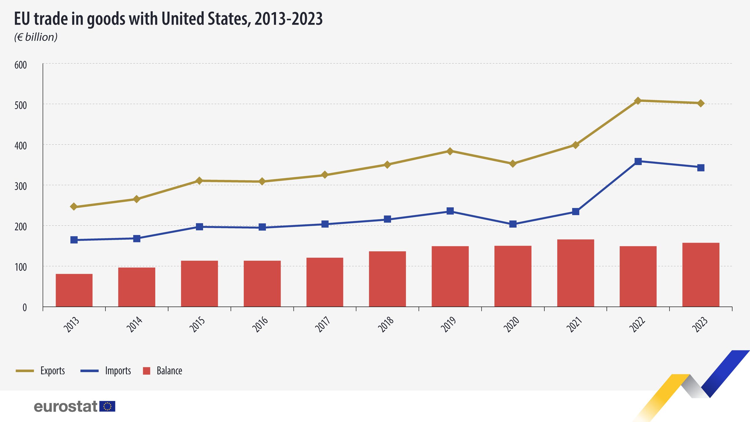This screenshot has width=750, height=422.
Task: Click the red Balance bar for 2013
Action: coord(74,290)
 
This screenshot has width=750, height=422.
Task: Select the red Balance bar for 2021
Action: coord(575,273)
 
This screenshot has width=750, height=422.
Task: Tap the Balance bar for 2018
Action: coord(387,279)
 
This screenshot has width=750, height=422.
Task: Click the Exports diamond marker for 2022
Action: coord(638,101)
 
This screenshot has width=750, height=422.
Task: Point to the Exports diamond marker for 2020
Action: coord(513,164)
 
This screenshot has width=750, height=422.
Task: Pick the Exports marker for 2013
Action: coord(74,207)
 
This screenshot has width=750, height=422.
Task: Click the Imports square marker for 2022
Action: coord(638,161)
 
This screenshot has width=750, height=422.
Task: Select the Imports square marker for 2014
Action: coord(137,238)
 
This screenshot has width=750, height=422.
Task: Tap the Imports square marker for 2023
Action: coord(700,168)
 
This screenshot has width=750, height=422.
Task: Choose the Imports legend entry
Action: coord(106,371)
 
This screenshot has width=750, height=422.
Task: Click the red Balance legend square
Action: coord(146,371)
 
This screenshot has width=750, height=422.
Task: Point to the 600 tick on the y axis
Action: coord(21,65)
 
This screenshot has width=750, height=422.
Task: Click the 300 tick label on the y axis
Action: coord(21,186)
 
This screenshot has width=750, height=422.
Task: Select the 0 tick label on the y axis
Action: coord(25,307)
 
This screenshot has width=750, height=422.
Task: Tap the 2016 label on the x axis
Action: coord(260,324)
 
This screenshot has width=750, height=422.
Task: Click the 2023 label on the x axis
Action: coord(700,324)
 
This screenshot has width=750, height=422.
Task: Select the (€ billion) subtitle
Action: coord(36,37)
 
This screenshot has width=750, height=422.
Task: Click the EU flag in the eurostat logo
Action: coord(107,406)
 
